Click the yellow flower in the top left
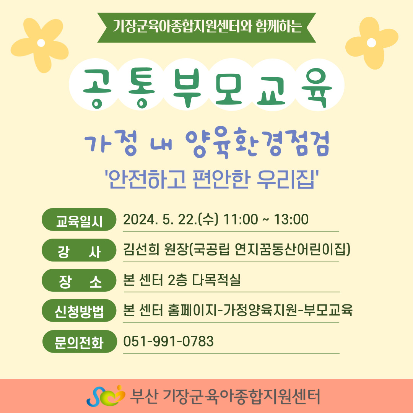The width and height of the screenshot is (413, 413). click(39, 45)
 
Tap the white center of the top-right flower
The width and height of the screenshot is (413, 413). click(371, 43)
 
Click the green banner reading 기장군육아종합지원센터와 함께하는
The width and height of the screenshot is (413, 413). click(206, 28)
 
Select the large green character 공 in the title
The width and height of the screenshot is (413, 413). click(97, 88)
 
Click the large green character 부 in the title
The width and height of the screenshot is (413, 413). click(187, 88)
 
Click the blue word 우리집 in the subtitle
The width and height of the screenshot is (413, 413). click(286, 180)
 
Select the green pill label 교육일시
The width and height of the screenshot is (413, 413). click(79, 220)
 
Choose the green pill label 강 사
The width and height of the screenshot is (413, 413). click(79, 250)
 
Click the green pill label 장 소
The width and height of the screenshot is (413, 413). click(79, 280)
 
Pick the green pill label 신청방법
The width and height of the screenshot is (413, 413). click(79, 311)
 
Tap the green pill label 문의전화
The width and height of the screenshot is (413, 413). click(79, 341)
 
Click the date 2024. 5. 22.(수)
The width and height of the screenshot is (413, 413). click(171, 220)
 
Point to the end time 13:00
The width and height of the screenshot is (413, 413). click(291, 220)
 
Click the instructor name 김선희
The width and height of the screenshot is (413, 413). click(141, 249)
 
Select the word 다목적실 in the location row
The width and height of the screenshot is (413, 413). click(216, 280)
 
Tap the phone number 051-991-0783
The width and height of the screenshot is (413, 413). click(168, 341)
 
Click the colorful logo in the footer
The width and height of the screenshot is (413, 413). click(106, 396)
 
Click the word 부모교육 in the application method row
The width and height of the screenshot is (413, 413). click(328, 310)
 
